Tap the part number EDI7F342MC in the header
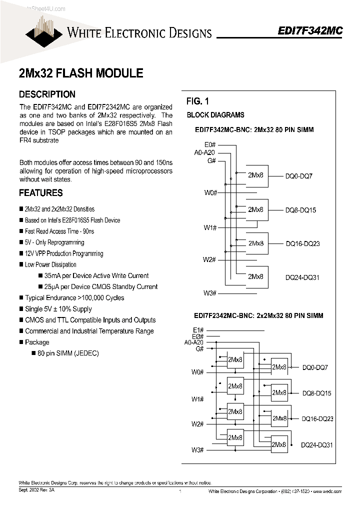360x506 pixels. tap(310, 31)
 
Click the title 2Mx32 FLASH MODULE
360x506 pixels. tap(81, 73)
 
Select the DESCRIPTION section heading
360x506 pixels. tap(47, 94)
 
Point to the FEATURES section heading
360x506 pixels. tap(40, 193)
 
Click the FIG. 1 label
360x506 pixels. tap(197, 101)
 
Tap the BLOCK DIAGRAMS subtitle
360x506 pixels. tap(215, 115)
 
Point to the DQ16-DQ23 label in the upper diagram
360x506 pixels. tap(302, 244)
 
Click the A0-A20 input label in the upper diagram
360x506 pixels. tap(205, 152)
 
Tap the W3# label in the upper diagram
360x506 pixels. tap(209, 293)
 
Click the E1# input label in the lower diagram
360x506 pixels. tap(198, 329)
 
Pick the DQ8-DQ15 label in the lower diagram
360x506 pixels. tap(316, 393)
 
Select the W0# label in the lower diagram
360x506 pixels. tap(197, 372)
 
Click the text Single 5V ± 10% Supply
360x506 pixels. tap(58, 309)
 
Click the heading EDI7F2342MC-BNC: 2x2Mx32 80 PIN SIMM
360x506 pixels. tap(258, 316)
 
